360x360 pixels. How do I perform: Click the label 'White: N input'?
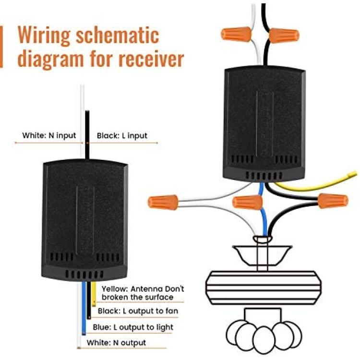click(49, 135)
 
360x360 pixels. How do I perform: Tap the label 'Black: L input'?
click(122, 136)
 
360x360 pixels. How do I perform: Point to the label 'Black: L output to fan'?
click(138, 311)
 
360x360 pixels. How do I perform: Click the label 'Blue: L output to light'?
click(133, 327)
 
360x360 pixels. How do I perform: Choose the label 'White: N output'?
click(116, 343)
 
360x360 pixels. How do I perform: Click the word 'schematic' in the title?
click(117, 35)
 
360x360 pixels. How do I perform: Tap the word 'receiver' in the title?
click(151, 59)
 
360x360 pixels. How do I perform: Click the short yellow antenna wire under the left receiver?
click(94, 294)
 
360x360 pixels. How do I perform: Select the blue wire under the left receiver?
click(84, 308)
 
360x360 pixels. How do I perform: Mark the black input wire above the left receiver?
click(87, 135)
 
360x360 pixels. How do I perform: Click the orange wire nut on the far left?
click(163, 202)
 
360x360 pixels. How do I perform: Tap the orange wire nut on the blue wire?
click(247, 202)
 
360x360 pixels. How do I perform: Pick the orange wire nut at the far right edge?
click(333, 201)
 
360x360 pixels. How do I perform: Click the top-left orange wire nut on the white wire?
click(236, 34)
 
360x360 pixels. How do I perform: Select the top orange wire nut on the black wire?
click(284, 36)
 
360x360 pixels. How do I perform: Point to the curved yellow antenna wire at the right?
click(317, 184)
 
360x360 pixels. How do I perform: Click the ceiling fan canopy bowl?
click(262, 255)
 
